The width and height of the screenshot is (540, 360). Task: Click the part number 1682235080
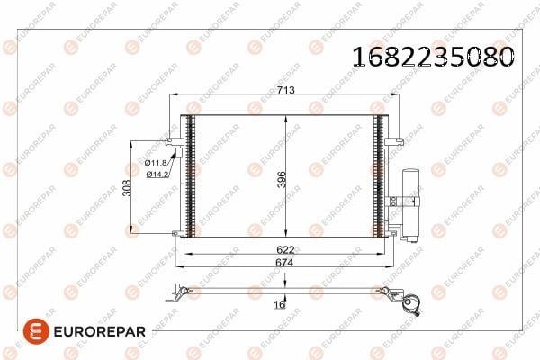click(434, 57)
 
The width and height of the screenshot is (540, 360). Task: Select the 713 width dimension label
click(286, 90)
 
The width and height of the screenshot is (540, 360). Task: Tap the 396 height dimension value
click(282, 179)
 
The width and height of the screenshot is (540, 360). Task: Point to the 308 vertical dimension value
click(127, 188)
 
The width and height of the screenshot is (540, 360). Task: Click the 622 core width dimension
click(285, 249)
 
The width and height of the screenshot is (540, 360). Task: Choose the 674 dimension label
click(284, 263)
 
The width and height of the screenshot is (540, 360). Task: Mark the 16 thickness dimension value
click(280, 304)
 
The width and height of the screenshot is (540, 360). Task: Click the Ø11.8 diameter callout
click(156, 163)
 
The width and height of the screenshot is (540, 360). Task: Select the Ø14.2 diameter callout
click(157, 175)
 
